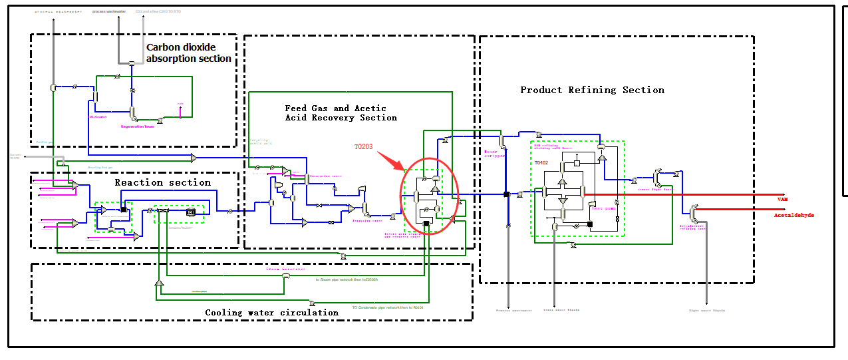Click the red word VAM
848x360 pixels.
(782, 200)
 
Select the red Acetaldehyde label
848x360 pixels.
(793, 216)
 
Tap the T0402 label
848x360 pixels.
(542, 162)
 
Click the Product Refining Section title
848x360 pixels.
(592, 90)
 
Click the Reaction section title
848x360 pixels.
(162, 182)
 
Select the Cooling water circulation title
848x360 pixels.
(271, 312)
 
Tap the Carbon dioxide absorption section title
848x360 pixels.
(190, 53)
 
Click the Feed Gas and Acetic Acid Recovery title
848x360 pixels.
(341, 112)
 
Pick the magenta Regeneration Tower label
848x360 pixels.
(138, 126)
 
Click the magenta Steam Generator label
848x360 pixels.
(286, 270)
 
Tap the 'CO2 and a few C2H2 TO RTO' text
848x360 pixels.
(158, 11)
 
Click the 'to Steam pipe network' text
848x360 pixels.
(347, 279)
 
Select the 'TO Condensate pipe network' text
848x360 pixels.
(386, 307)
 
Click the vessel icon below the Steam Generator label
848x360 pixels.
(287, 276)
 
